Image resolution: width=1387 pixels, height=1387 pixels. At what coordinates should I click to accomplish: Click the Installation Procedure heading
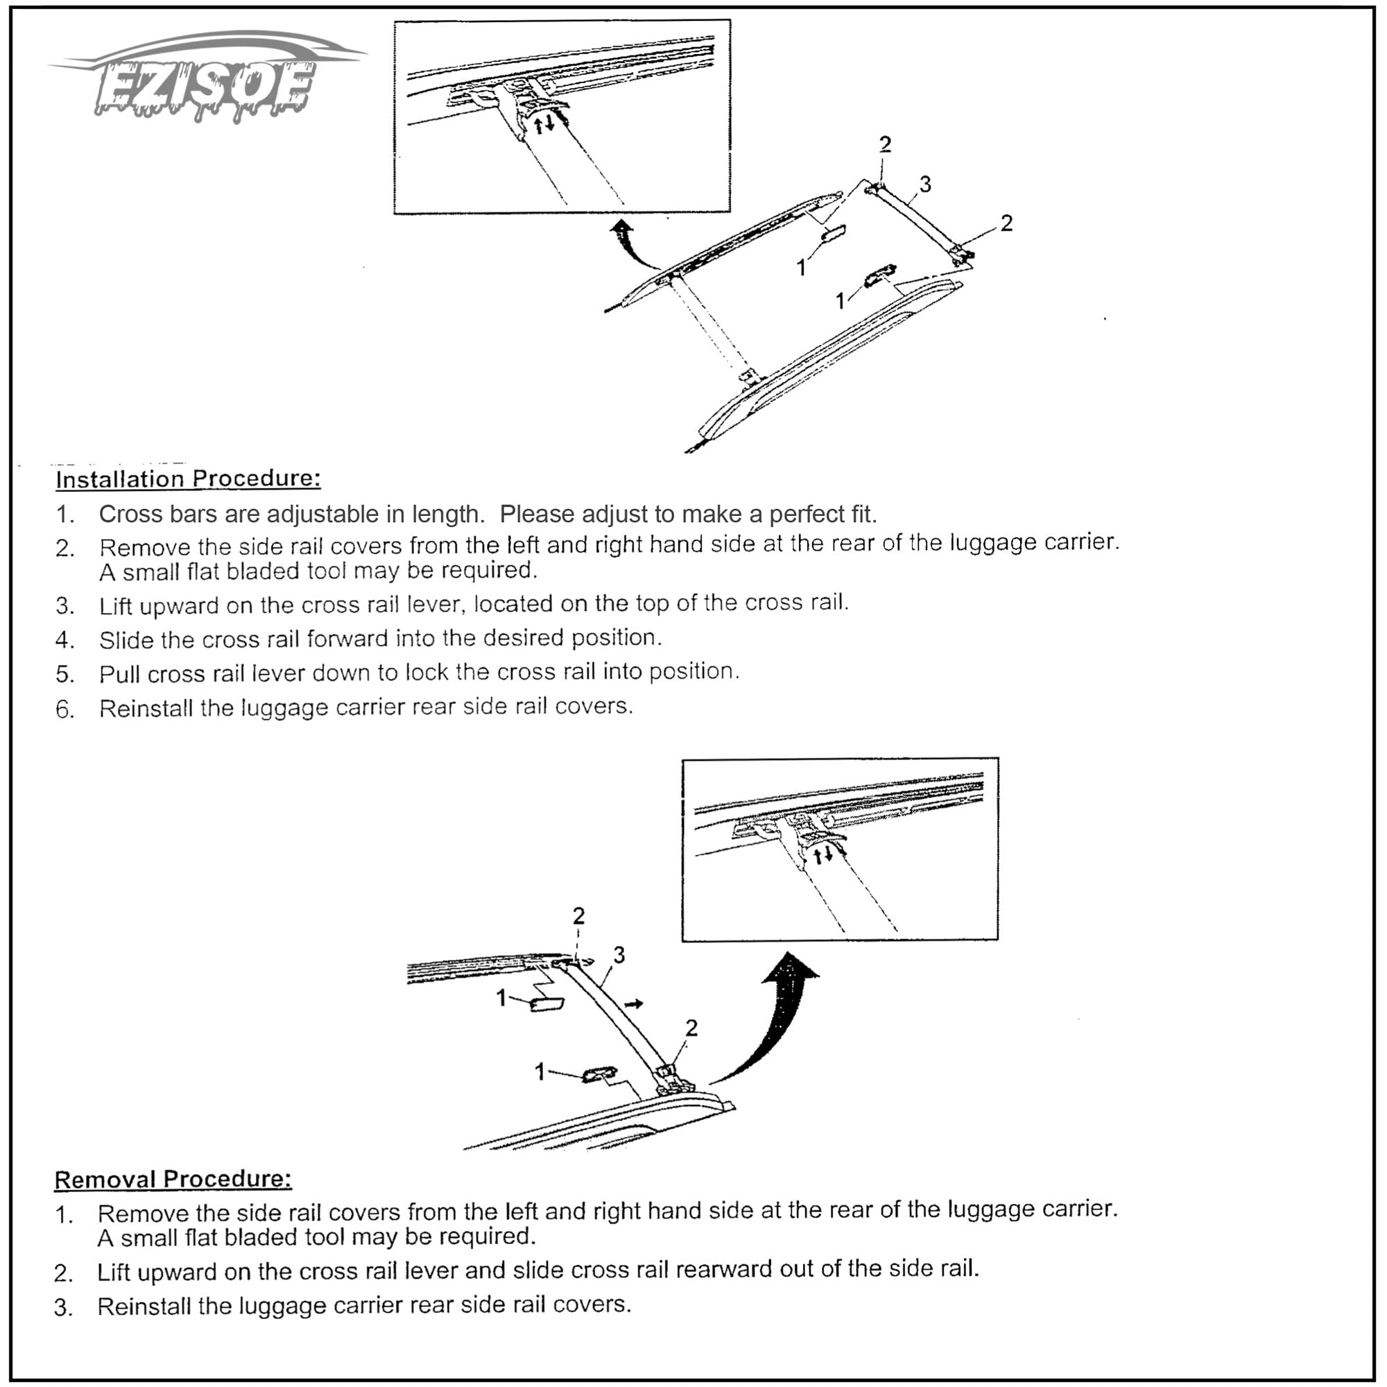tap(188, 479)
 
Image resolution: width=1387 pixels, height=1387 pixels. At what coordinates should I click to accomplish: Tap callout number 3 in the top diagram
tap(925, 184)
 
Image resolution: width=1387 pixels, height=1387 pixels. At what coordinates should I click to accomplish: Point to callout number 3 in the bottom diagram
tap(619, 955)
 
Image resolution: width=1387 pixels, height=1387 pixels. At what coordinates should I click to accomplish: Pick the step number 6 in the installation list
tap(64, 710)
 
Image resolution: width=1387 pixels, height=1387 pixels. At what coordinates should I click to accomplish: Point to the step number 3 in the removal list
tap(63, 1307)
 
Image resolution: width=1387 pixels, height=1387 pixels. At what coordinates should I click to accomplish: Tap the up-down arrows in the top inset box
tap(545, 124)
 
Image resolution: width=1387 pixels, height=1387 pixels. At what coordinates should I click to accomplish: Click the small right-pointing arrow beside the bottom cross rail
tap(633, 1003)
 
